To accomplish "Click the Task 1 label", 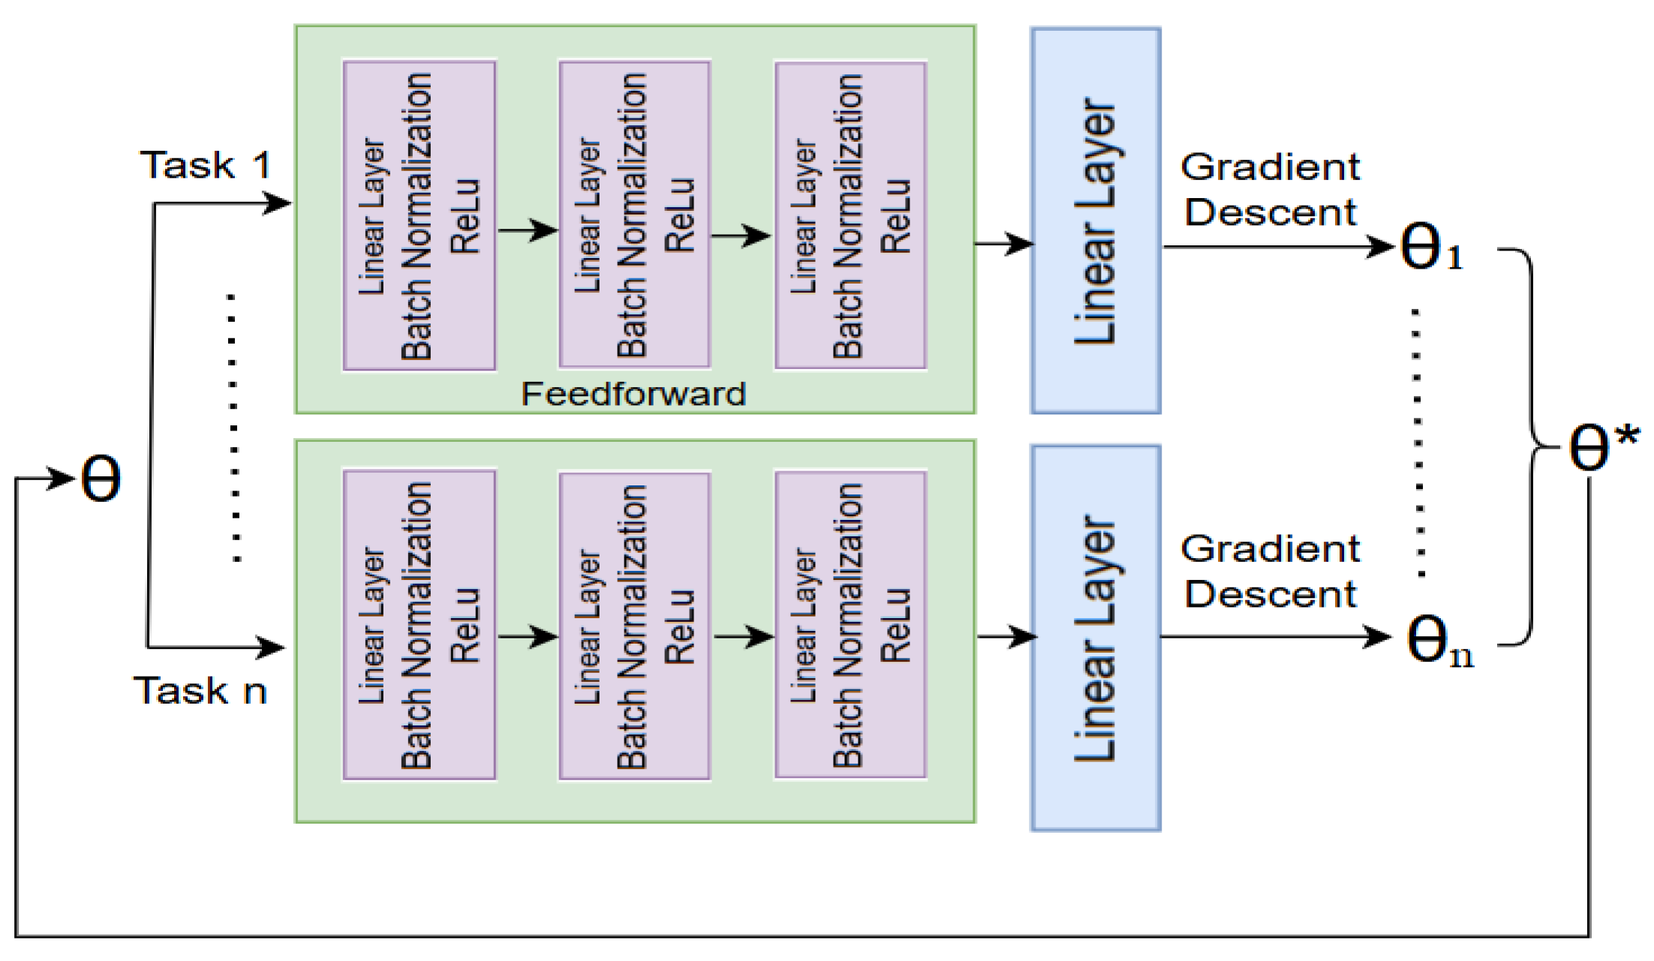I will coord(206,165).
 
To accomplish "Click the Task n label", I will coord(200,690).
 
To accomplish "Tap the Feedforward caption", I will coord(633,394).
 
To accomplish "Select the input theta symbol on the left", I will coord(101,479).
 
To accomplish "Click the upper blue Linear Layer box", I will coord(1096,221).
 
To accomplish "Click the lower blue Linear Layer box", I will coord(1096,638).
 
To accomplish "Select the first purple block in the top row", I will coord(419,216).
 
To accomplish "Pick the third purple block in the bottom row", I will coord(850,625).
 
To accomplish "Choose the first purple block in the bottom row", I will coord(419,625).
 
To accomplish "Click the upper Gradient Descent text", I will coord(1270,189).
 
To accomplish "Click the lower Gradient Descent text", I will coord(1270,571).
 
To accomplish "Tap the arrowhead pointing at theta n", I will coord(1379,638).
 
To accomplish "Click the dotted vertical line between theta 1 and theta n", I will coord(1418,443).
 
